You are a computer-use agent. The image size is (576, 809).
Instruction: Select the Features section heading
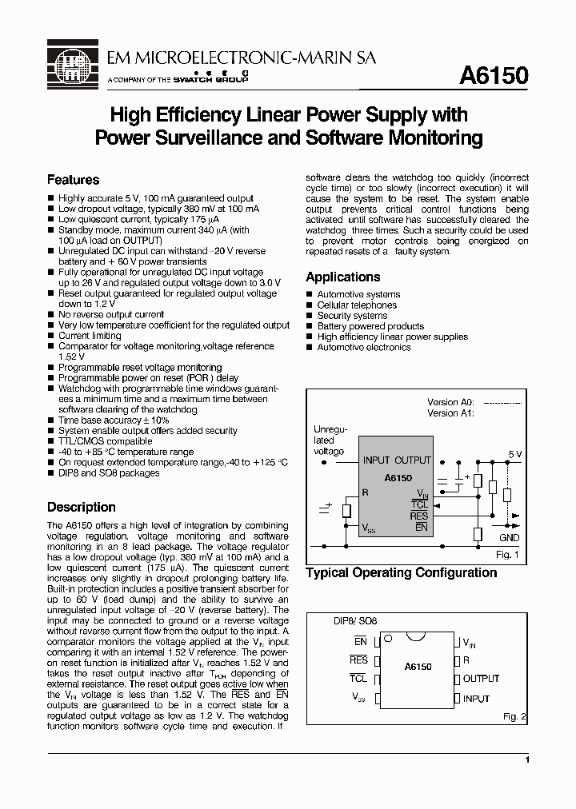[x=73, y=180]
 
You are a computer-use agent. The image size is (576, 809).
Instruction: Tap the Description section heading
[x=81, y=507]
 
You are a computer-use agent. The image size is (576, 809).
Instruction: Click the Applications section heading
[x=342, y=277]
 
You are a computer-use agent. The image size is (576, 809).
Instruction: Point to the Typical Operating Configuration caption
[x=401, y=572]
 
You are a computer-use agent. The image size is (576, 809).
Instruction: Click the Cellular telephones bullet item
[x=357, y=305]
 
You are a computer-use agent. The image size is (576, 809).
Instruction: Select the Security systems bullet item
[x=352, y=316]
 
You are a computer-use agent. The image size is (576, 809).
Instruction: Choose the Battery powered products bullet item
[x=370, y=326]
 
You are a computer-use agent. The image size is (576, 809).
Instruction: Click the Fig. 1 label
[x=507, y=554]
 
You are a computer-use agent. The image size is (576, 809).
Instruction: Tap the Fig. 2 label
[x=512, y=718]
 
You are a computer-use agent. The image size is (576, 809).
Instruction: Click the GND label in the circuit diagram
[x=509, y=538]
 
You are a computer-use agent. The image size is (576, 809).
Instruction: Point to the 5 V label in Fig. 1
[x=514, y=454]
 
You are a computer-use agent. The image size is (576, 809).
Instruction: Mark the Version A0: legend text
[x=450, y=402]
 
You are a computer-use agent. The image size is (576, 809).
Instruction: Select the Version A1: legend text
[x=450, y=413]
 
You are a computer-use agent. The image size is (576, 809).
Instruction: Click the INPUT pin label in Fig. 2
[x=476, y=699]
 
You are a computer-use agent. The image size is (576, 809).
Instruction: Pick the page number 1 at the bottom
[x=527, y=760]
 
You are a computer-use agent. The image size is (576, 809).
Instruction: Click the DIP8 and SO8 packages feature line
[x=109, y=472]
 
